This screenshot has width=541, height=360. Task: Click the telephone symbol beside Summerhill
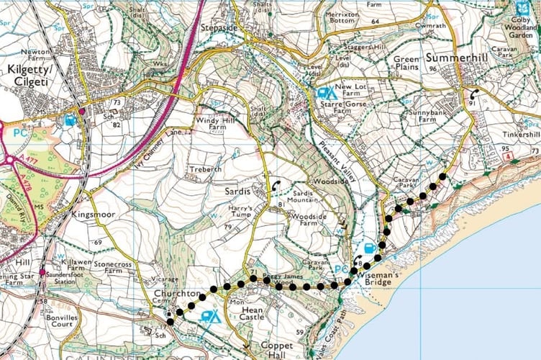coord(473,93)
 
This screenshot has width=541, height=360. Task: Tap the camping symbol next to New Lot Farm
coord(325,93)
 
